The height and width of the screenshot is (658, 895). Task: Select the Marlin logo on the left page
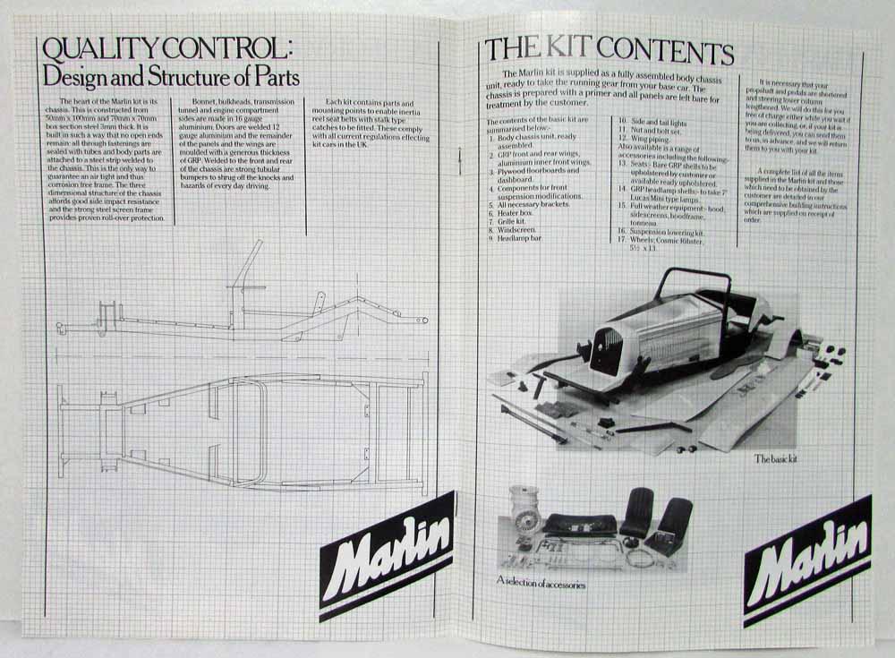pos(386,555)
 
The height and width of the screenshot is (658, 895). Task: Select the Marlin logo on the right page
pos(807,560)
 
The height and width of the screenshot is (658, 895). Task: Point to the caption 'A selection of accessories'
pos(541,584)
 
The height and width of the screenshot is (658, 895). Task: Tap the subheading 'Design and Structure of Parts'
pos(171,77)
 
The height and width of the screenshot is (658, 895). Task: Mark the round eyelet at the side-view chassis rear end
pos(423,320)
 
